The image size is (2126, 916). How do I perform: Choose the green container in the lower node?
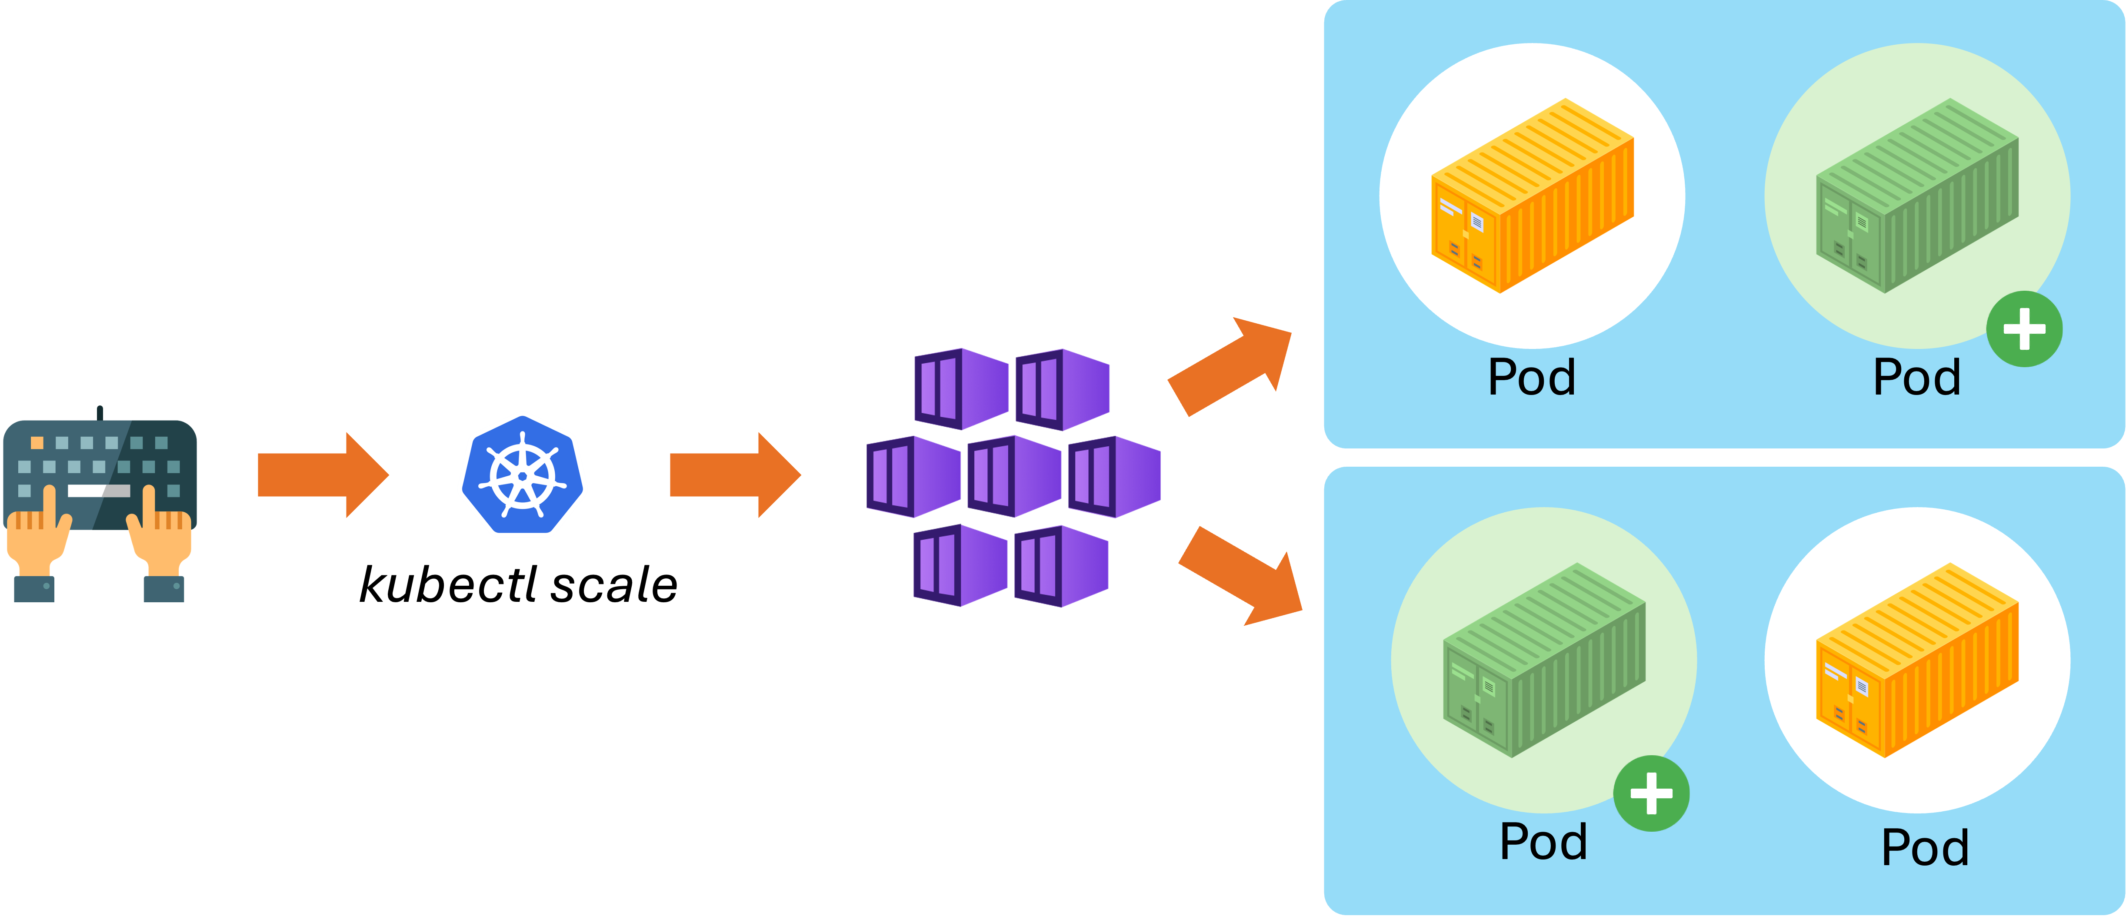click(x=1543, y=660)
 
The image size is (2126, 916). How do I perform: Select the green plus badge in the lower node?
click(x=1651, y=794)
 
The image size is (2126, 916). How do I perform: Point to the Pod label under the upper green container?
click(x=1916, y=378)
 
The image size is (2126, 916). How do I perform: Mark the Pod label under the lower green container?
click(x=1543, y=842)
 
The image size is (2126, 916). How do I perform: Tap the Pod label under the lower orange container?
click(x=1925, y=847)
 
